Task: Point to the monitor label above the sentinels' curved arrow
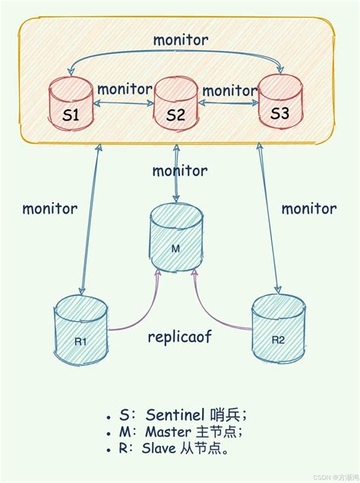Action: (x=180, y=39)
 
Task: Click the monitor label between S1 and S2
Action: (x=124, y=89)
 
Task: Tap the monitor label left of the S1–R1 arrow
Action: (x=49, y=208)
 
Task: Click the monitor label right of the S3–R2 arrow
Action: (x=309, y=208)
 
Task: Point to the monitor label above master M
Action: (x=179, y=170)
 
